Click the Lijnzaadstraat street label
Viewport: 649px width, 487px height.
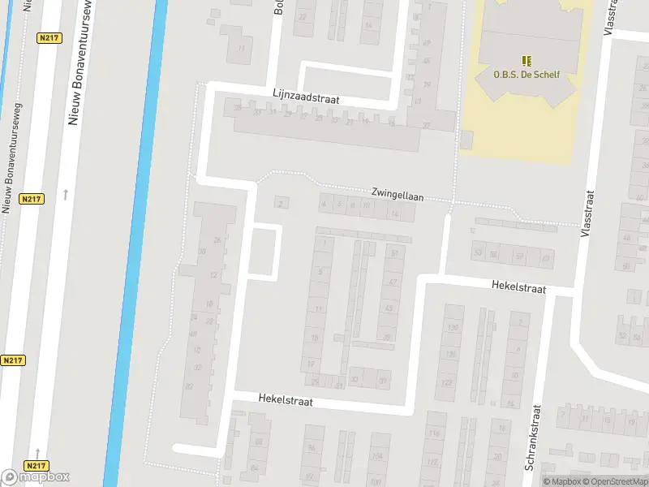coord(306,97)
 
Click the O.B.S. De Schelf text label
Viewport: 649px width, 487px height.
coord(527,75)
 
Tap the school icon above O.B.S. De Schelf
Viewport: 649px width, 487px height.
coord(527,60)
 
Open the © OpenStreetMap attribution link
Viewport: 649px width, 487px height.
coord(613,481)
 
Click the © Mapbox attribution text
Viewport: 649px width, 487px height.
coord(561,481)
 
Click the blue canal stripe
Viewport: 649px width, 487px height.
coord(134,243)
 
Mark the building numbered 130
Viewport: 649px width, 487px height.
coord(453,327)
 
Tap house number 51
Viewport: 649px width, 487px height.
coord(395,254)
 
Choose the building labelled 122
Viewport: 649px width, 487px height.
coord(448,381)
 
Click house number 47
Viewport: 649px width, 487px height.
coord(393,282)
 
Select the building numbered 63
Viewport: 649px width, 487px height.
coord(545,258)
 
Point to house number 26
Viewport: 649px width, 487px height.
coord(217,239)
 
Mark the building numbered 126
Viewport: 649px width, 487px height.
coord(450,354)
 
